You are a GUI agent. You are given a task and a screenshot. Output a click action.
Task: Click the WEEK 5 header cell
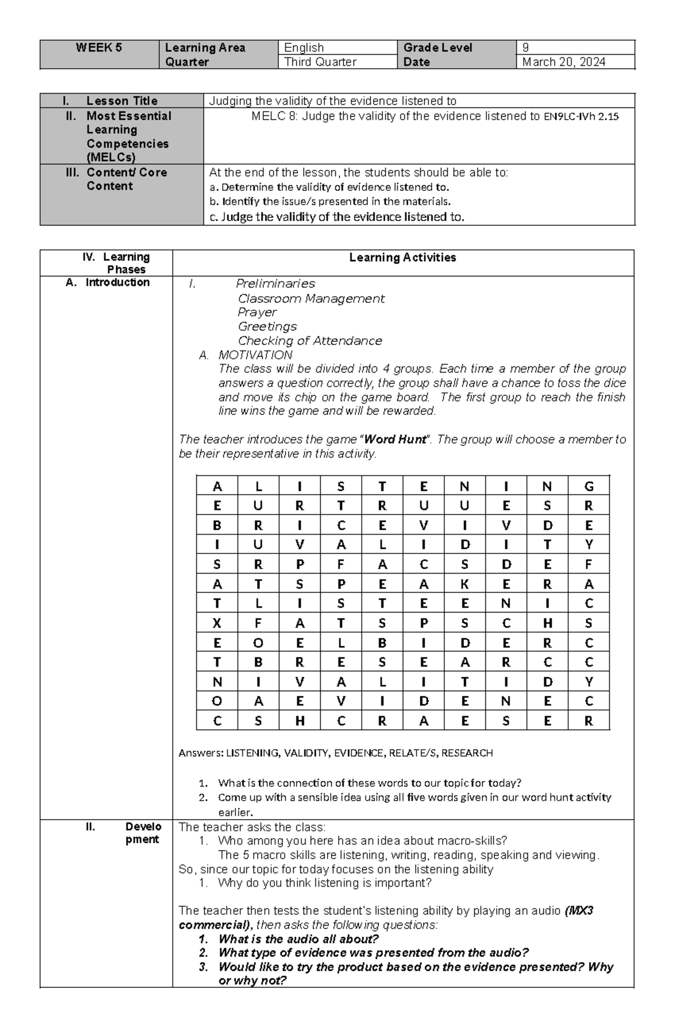click(x=99, y=48)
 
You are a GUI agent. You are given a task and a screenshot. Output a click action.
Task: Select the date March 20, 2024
click(x=563, y=62)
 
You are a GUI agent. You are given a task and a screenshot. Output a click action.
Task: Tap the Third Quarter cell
click(x=320, y=62)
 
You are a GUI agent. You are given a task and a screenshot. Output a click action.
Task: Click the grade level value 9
click(x=525, y=48)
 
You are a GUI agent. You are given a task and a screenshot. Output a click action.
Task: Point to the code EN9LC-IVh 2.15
click(x=581, y=117)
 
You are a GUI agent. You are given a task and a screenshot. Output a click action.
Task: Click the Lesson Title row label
click(x=121, y=101)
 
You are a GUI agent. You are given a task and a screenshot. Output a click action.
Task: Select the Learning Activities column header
click(x=402, y=258)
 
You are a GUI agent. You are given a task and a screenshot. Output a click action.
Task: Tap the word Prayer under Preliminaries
click(x=257, y=312)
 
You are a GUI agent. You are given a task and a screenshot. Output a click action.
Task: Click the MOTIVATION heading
click(x=255, y=355)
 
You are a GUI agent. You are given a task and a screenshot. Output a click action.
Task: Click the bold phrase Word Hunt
click(x=395, y=440)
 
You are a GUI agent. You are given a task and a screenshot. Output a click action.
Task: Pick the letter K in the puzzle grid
click(x=465, y=584)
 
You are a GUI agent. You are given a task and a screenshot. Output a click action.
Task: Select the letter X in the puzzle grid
click(x=217, y=623)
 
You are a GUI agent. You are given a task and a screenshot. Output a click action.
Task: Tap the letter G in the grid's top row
click(x=588, y=486)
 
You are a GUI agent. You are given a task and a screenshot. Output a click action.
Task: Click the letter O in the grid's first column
click(x=217, y=701)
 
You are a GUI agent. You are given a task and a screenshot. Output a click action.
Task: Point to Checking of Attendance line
click(x=309, y=341)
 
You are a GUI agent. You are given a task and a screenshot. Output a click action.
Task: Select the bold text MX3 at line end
click(x=580, y=911)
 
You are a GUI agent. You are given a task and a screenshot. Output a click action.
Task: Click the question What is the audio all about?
click(x=298, y=939)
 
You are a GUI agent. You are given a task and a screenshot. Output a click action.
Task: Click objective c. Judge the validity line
click(x=336, y=217)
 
